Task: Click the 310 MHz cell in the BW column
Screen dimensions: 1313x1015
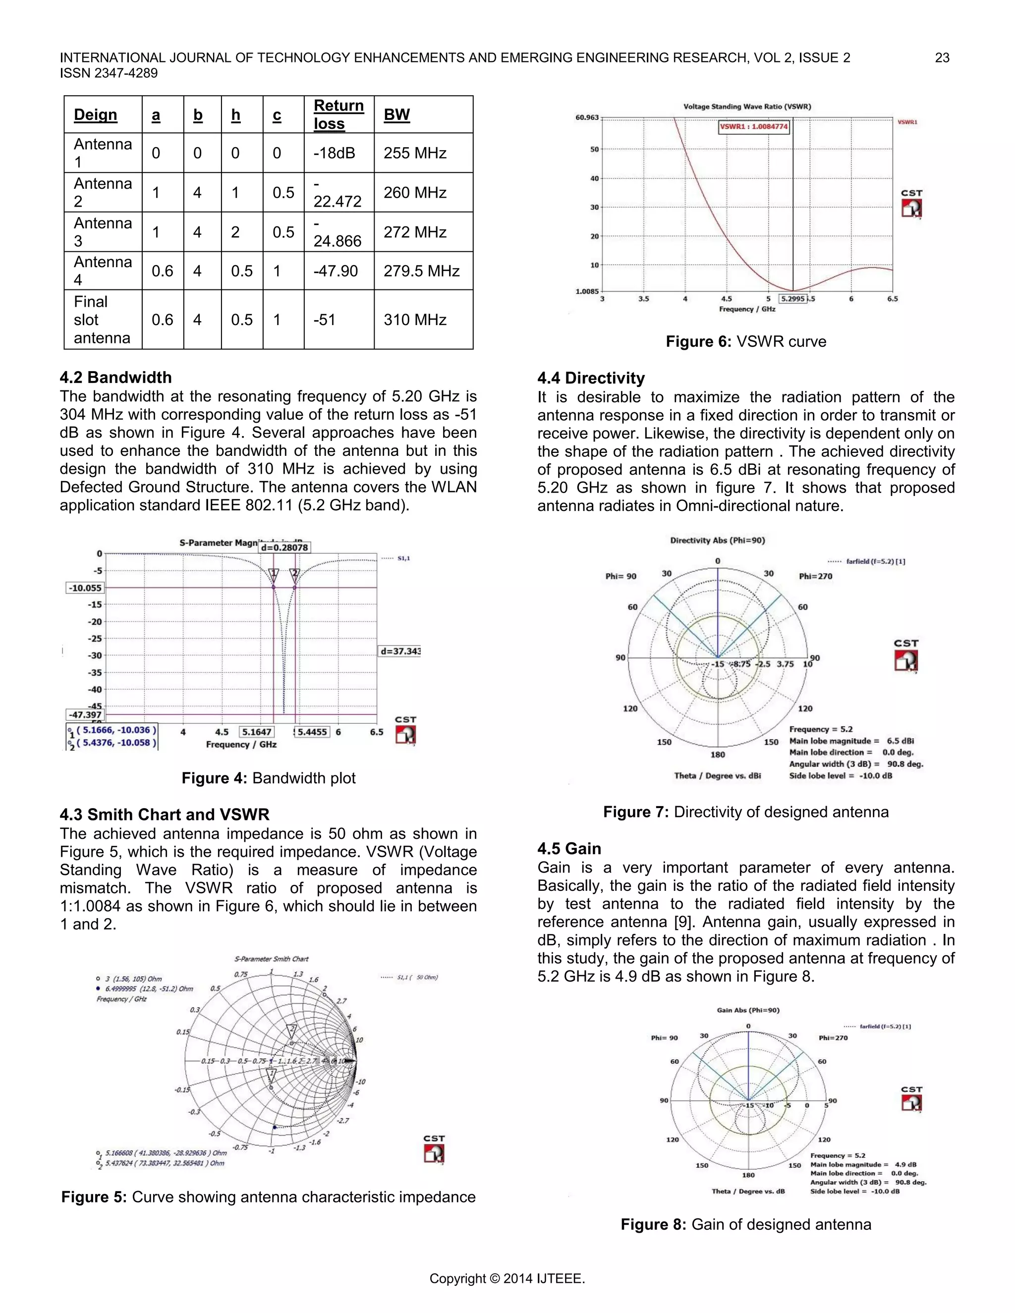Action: pyautogui.click(x=415, y=320)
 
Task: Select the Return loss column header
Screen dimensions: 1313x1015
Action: pyautogui.click(x=338, y=114)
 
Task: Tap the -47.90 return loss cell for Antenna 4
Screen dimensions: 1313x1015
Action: pyautogui.click(x=336, y=271)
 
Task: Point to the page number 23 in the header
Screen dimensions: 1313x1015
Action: pyautogui.click(x=942, y=57)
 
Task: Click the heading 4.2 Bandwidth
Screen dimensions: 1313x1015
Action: pyautogui.click(x=115, y=378)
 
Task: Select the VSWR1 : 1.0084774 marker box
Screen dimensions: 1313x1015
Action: pyautogui.click(x=753, y=127)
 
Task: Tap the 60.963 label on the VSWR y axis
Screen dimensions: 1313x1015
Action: pyautogui.click(x=587, y=117)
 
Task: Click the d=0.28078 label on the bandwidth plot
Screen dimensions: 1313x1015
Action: pyautogui.click(x=284, y=547)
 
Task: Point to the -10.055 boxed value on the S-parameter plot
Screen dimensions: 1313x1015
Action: pyautogui.click(x=85, y=588)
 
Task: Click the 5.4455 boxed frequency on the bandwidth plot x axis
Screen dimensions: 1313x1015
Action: pyautogui.click(x=312, y=732)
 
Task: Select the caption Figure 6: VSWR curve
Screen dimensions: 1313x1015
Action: pyautogui.click(x=745, y=341)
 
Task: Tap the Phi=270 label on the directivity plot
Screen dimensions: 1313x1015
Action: pyautogui.click(x=815, y=576)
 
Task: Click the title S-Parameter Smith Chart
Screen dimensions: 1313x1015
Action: pyautogui.click(x=271, y=959)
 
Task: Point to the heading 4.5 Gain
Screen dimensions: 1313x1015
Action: pyautogui.click(x=569, y=849)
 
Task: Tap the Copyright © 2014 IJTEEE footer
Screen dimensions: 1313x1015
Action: pyautogui.click(x=507, y=1279)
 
